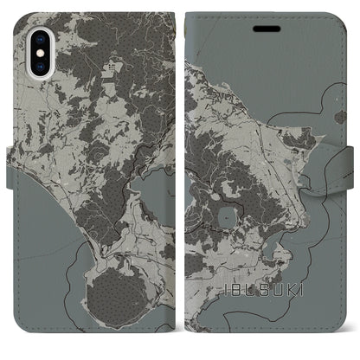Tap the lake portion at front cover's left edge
tap(192, 186)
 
